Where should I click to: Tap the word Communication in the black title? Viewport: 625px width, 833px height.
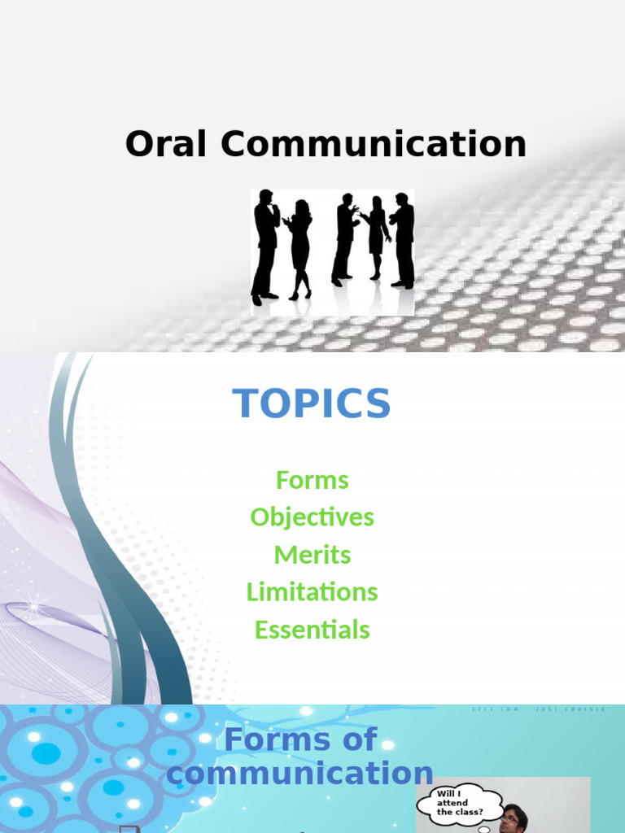[x=374, y=145]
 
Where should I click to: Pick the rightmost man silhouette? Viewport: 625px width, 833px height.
[x=402, y=241]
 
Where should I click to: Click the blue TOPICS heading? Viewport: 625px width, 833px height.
[x=312, y=403]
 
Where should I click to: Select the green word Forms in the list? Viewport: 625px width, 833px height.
[x=312, y=480]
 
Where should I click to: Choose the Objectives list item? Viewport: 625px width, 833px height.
[x=312, y=517]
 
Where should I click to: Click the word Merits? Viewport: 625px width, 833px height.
[x=312, y=555]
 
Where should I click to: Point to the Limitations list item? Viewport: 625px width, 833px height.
[x=312, y=591]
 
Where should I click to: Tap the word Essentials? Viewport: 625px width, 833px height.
[x=312, y=629]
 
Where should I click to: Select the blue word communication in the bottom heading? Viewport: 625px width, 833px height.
[x=299, y=774]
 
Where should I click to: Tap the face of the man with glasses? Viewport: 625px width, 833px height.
[x=509, y=819]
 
